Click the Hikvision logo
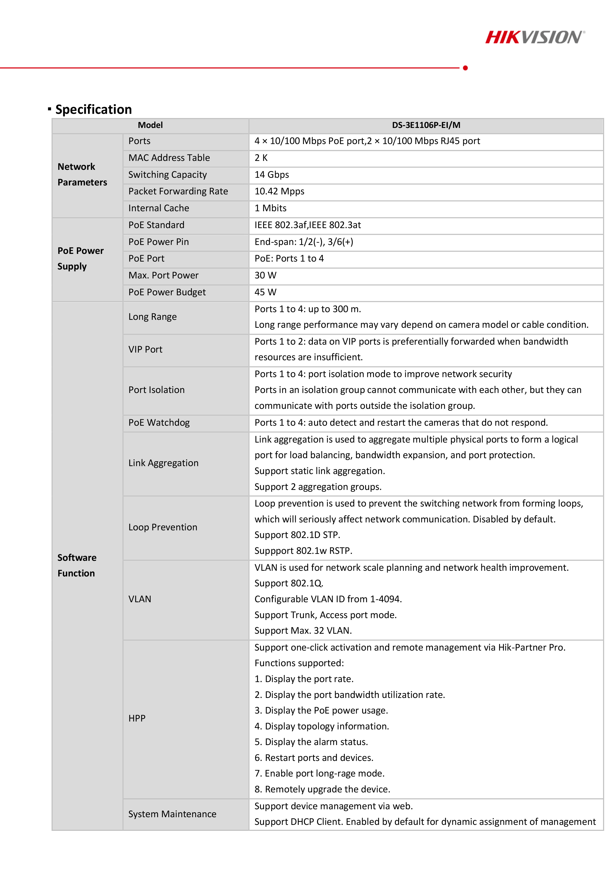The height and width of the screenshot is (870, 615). [x=535, y=37]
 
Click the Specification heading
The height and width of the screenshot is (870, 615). [x=94, y=110]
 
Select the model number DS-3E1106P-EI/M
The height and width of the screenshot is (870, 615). [x=426, y=125]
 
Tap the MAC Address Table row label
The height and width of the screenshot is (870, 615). [x=169, y=158]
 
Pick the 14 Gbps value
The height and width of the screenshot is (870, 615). [x=272, y=175]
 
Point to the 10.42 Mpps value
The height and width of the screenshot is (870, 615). [x=279, y=191]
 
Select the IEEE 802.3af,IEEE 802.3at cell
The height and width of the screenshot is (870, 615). [x=307, y=225]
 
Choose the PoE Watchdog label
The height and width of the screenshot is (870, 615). [x=159, y=422]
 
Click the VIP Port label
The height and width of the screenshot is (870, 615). [x=145, y=349]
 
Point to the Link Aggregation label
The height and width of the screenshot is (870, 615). [x=163, y=463]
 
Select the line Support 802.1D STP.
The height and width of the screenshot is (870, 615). [x=297, y=535]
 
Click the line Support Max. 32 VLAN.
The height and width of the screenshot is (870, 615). [x=303, y=630]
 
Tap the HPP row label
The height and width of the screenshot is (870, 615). [x=137, y=719]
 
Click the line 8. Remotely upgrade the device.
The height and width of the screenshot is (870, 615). [x=322, y=789]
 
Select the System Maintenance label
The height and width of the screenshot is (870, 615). [x=172, y=814]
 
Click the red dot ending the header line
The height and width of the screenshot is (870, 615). [x=465, y=68]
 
